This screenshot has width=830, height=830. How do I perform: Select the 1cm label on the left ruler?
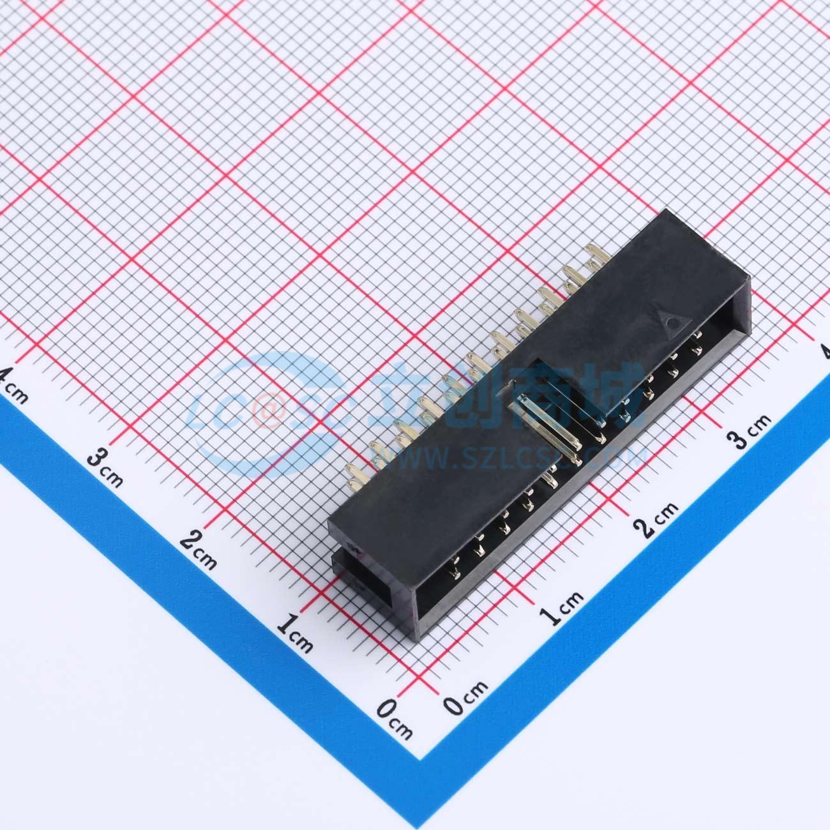pyautogui.click(x=294, y=635)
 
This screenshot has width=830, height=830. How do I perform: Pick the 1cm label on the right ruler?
pyautogui.click(x=561, y=608)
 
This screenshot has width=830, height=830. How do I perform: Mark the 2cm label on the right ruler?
pyautogui.click(x=655, y=520)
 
